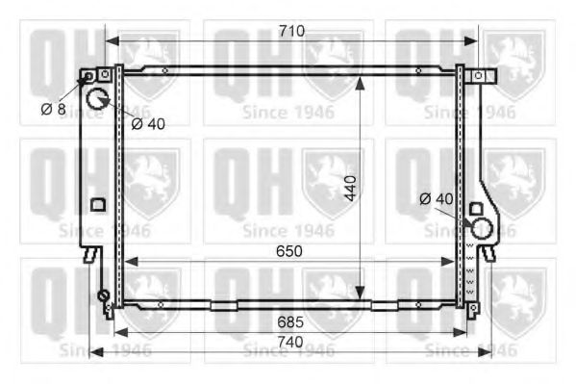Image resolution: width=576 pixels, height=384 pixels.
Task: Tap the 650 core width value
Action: click(289, 251)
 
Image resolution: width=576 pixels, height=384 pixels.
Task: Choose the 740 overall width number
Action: click(289, 341)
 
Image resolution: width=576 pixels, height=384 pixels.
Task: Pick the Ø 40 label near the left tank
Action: click(147, 123)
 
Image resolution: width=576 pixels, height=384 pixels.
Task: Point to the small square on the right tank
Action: click(475, 206)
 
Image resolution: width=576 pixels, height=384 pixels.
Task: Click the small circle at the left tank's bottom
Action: click(103, 294)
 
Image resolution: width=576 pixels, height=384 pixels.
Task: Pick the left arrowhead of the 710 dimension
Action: click(109, 39)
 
